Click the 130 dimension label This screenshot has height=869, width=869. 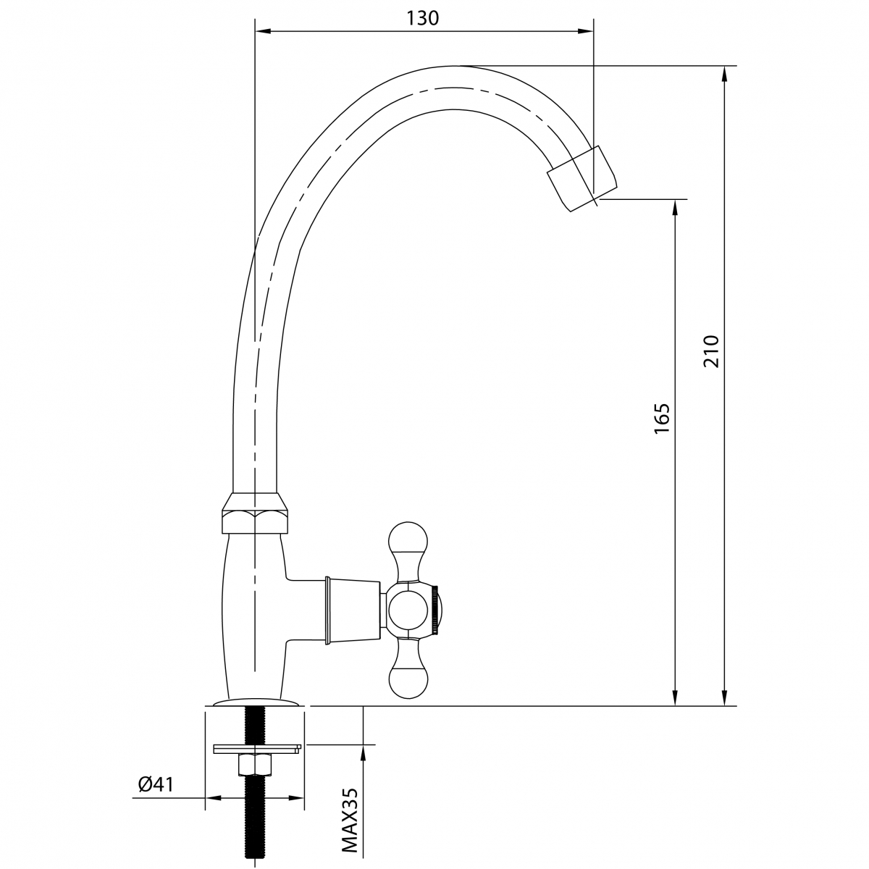tap(422, 18)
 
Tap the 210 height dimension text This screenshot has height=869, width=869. tap(711, 352)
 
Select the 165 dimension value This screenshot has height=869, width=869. tap(662, 419)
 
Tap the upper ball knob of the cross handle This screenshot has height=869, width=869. tap(407, 537)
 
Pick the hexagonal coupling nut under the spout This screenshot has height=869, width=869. tap(254, 513)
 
